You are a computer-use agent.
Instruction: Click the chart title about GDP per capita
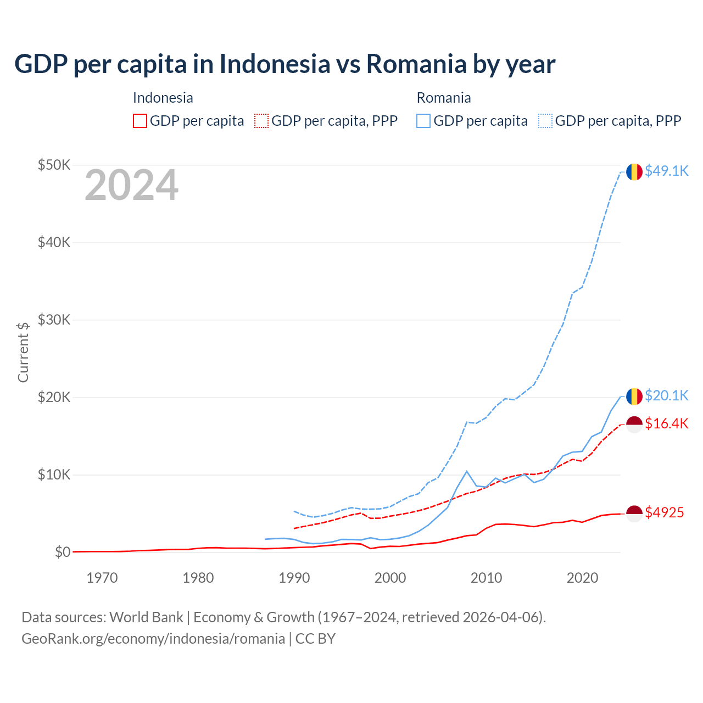(x=284, y=64)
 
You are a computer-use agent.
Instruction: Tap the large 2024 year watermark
(x=131, y=185)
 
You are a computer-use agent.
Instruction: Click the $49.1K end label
(x=666, y=171)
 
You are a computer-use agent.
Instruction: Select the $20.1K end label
(x=666, y=395)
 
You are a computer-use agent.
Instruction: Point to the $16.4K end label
(x=666, y=423)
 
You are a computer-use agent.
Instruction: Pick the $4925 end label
(x=664, y=512)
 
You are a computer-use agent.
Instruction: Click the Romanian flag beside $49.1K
(x=634, y=171)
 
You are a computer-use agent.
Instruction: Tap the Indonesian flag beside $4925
(x=634, y=513)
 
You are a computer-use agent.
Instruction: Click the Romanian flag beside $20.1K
(x=634, y=396)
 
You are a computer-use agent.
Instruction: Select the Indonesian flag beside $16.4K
(x=634, y=424)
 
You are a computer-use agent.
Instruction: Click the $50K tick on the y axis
(x=54, y=165)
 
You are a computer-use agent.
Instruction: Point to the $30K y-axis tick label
(x=54, y=320)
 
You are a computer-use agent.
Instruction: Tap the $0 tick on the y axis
(x=62, y=552)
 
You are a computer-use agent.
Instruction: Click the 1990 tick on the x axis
(x=294, y=578)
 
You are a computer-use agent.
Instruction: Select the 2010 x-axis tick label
(x=486, y=578)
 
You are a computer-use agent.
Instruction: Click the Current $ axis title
(x=23, y=352)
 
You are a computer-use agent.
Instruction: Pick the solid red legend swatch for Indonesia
(x=140, y=121)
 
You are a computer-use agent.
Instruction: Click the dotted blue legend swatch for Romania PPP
(x=545, y=121)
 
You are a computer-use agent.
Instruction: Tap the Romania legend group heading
(x=444, y=98)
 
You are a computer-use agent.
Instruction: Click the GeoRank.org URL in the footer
(x=153, y=639)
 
